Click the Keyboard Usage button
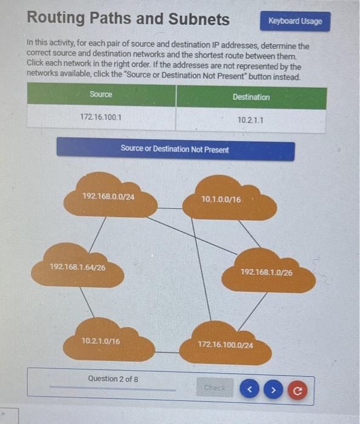(295, 21)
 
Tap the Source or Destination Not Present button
(175, 149)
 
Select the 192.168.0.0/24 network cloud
(110, 196)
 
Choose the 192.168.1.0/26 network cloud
(267, 273)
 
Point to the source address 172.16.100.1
(101, 116)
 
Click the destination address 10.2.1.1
(250, 120)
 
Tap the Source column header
(101, 94)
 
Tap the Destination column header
(250, 97)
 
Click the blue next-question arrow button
(273, 389)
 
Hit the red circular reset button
(297, 390)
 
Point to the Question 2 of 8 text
(113, 379)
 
